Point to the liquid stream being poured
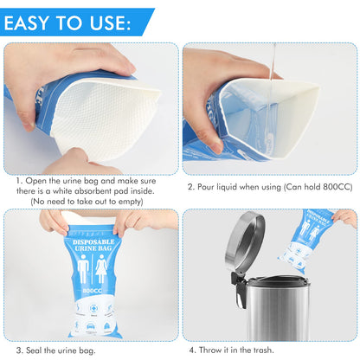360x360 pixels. coord(273,64)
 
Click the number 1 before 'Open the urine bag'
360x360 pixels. coord(19,181)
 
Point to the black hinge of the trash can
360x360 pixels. coord(238,286)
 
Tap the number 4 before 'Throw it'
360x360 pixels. coord(192,350)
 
